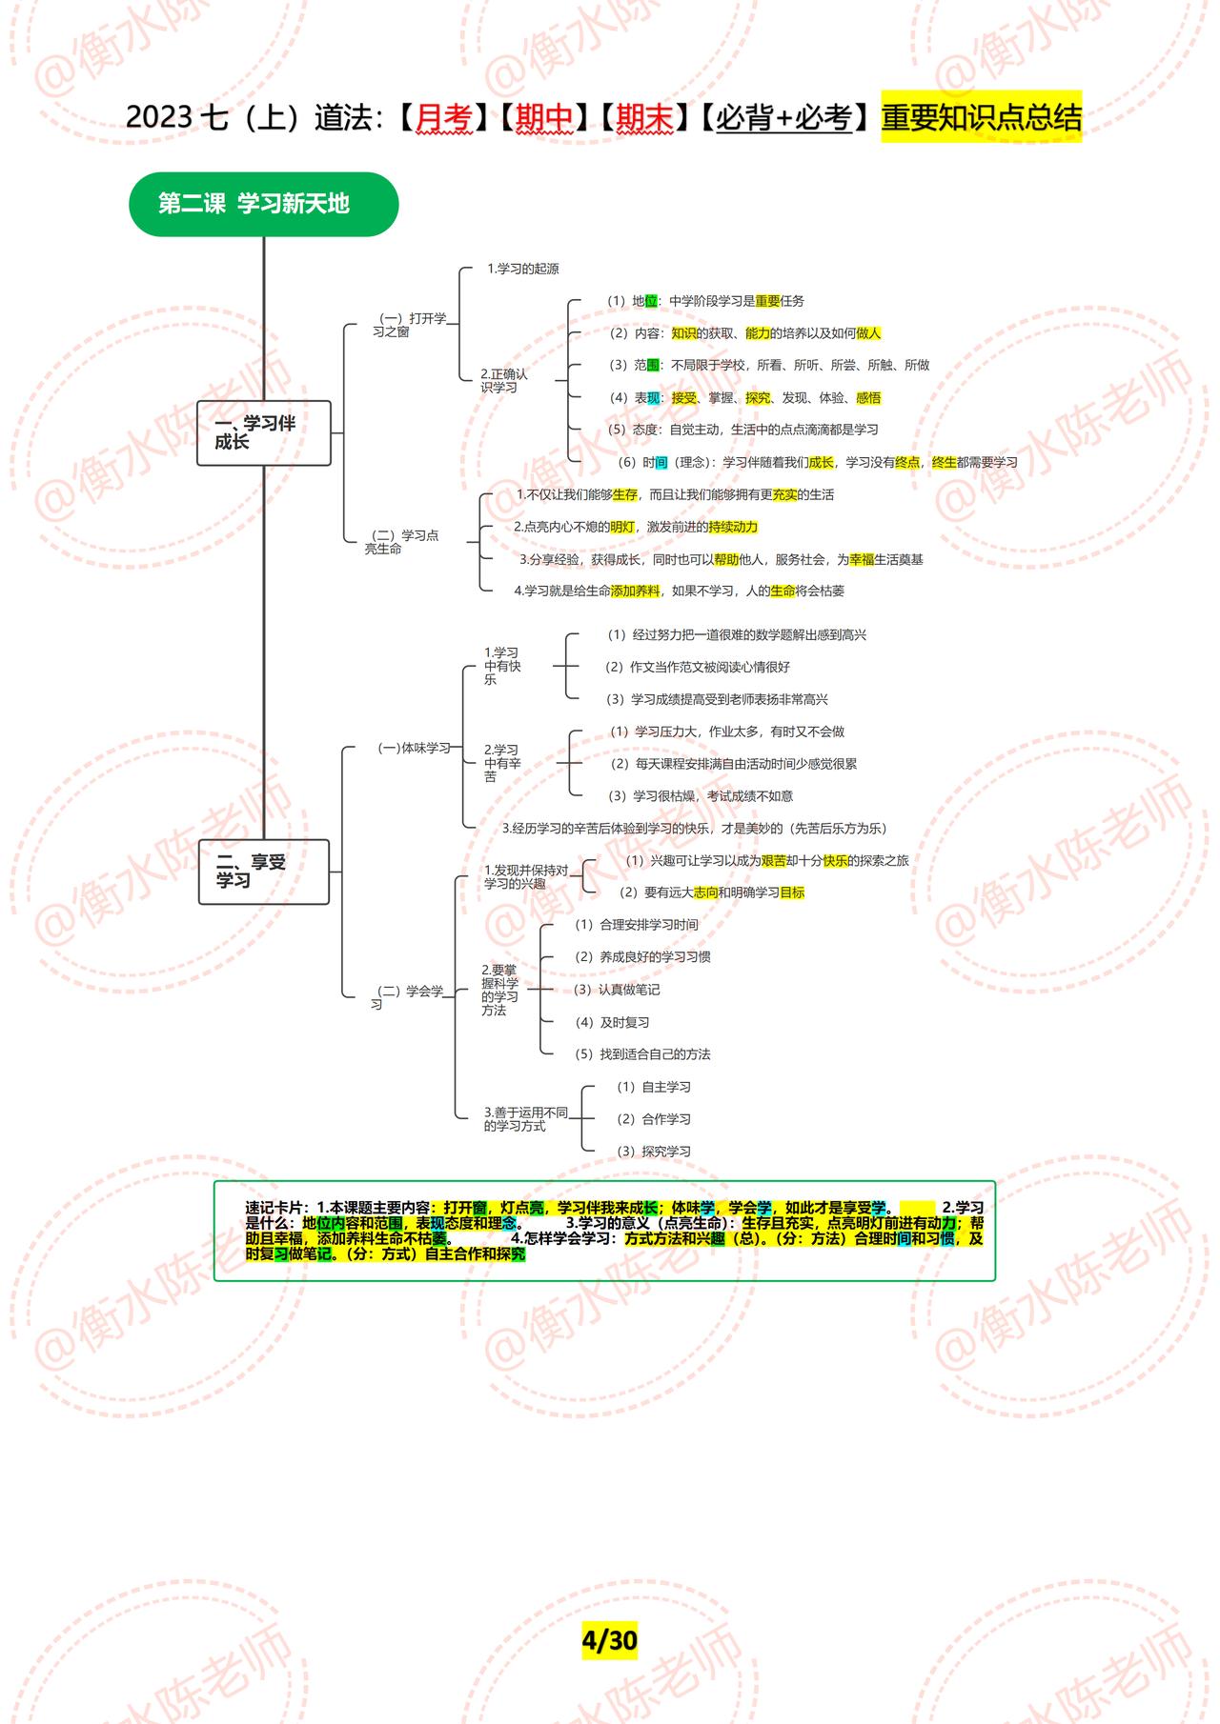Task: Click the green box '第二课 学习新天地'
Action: coord(263,204)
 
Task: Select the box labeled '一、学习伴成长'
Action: coord(263,432)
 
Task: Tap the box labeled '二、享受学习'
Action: coord(263,872)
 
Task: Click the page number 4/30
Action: coord(609,1640)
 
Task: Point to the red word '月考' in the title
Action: coord(444,117)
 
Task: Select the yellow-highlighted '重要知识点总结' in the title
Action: coord(981,117)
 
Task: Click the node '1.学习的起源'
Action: coord(523,269)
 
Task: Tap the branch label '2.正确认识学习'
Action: coord(503,381)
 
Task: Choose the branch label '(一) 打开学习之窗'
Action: coord(410,325)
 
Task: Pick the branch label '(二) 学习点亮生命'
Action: coord(402,542)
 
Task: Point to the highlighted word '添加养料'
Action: coord(635,591)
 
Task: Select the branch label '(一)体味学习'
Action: coord(414,748)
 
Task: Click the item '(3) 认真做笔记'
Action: coord(617,990)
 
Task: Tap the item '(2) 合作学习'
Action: coord(653,1119)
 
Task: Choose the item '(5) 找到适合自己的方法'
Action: coord(642,1054)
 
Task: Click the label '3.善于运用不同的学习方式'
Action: coord(525,1119)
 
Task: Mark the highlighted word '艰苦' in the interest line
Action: coord(774,860)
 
